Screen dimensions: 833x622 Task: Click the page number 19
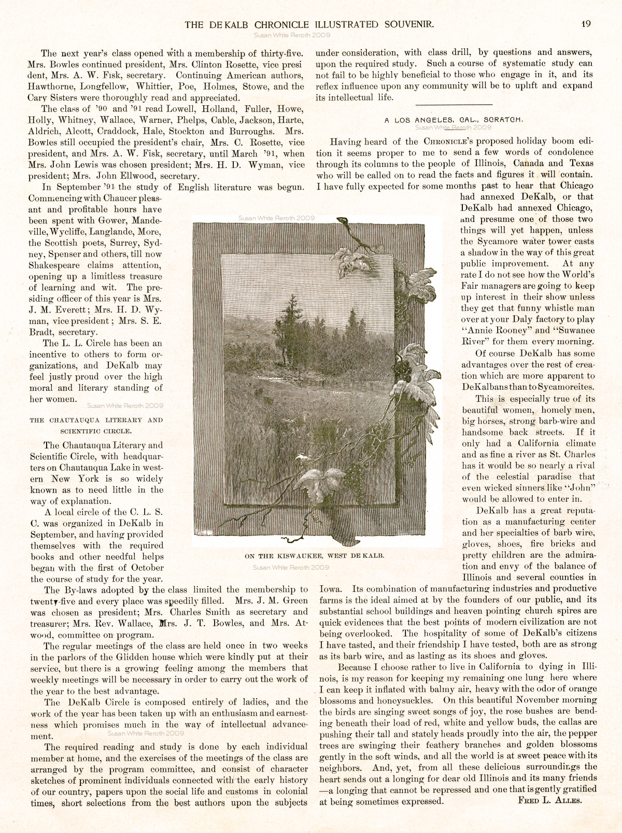pos(586,24)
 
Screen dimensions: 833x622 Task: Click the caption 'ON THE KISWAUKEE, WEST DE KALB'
pos(315,556)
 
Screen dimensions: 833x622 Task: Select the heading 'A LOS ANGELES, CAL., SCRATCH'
pos(454,120)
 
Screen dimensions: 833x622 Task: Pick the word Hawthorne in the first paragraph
pos(50,87)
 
